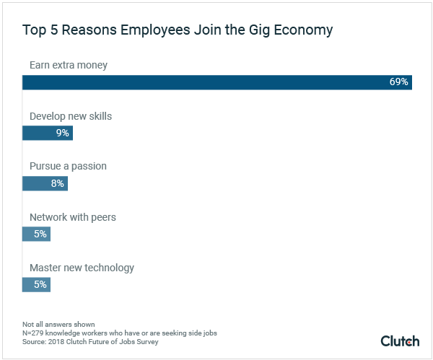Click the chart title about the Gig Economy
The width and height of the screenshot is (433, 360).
point(178,30)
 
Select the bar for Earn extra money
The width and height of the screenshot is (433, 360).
point(216,82)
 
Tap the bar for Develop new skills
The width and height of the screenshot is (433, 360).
point(47,133)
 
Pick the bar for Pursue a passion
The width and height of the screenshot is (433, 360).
point(44,183)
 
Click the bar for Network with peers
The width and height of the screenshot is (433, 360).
point(36,234)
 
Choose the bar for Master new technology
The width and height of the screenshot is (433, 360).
point(36,284)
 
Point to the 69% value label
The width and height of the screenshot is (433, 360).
point(398,82)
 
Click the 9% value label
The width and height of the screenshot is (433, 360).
point(62,133)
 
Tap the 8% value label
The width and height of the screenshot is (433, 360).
point(57,183)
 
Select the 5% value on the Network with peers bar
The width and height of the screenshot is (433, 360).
point(40,234)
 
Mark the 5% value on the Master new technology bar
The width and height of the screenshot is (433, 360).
point(40,284)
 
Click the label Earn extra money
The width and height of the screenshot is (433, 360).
point(68,65)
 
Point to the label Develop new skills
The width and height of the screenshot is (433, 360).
point(70,115)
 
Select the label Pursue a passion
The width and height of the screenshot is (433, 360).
point(68,166)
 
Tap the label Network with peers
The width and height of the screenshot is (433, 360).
point(72,216)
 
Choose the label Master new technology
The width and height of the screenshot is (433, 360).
point(82,267)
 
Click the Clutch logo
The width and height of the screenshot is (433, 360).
point(399,341)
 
